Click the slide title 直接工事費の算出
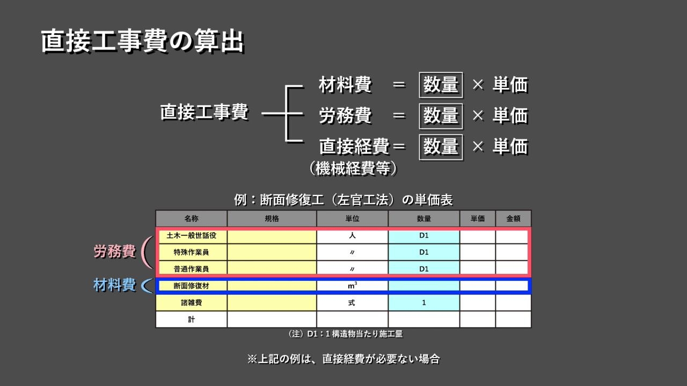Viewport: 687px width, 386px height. point(142,42)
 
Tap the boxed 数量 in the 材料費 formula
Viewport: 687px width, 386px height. point(441,85)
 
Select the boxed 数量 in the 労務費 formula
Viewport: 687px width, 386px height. point(441,115)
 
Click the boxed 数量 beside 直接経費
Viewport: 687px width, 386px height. point(441,146)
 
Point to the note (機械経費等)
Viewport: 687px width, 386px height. point(353,169)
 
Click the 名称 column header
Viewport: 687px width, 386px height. point(191,219)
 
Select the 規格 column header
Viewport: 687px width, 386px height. point(272,219)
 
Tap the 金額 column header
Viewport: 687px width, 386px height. point(513,219)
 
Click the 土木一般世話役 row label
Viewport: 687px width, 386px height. point(191,235)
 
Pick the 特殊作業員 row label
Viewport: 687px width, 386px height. point(191,252)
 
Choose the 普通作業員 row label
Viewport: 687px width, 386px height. point(191,269)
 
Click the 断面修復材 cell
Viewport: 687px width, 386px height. point(191,286)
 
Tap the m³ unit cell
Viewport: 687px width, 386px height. point(352,286)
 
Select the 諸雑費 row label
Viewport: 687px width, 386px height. point(191,303)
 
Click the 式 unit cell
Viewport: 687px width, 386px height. point(352,303)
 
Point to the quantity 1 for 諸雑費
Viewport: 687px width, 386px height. point(423,303)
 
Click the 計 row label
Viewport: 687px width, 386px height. point(191,320)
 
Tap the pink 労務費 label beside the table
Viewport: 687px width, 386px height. point(115,251)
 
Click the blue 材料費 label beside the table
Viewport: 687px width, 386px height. point(114,285)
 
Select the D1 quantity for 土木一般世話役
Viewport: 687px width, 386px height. point(423,235)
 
